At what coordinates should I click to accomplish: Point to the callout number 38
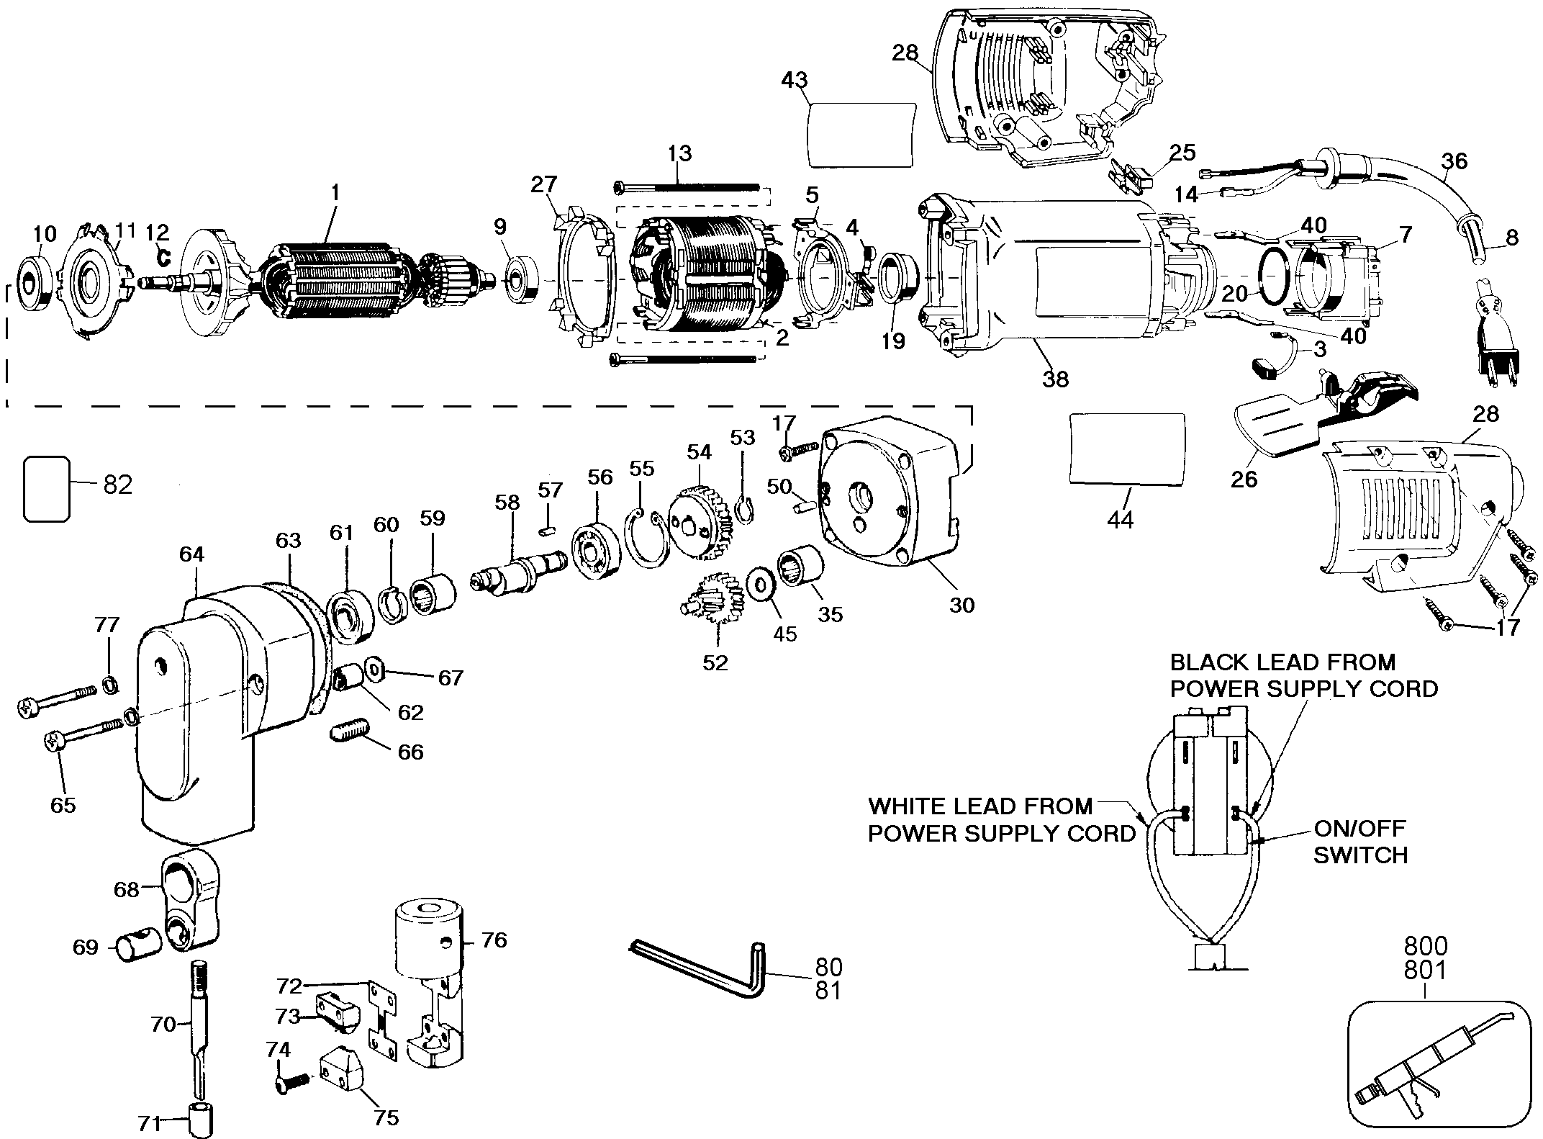pyautogui.click(x=1056, y=379)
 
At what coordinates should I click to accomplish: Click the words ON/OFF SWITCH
pyautogui.click(x=1360, y=842)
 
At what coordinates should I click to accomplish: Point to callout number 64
pyautogui.click(x=192, y=554)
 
